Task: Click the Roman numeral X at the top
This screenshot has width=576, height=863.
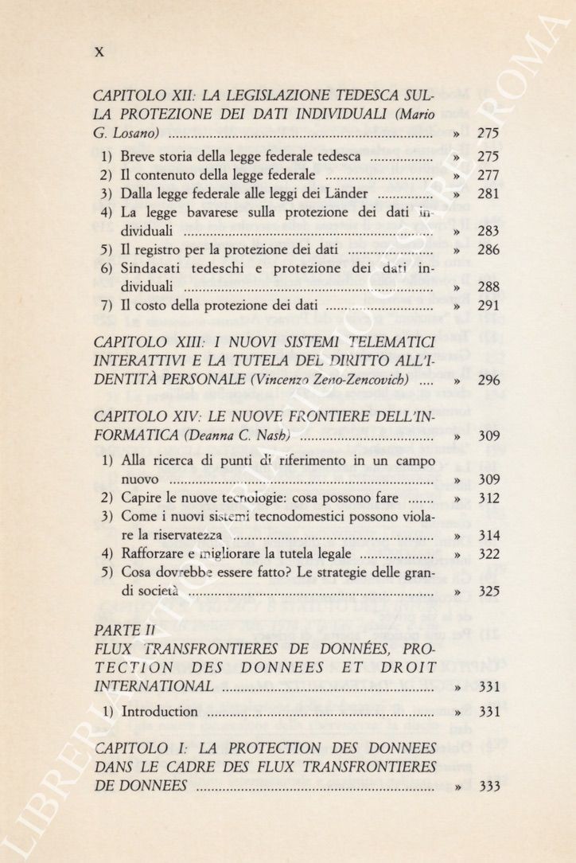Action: [100, 53]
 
